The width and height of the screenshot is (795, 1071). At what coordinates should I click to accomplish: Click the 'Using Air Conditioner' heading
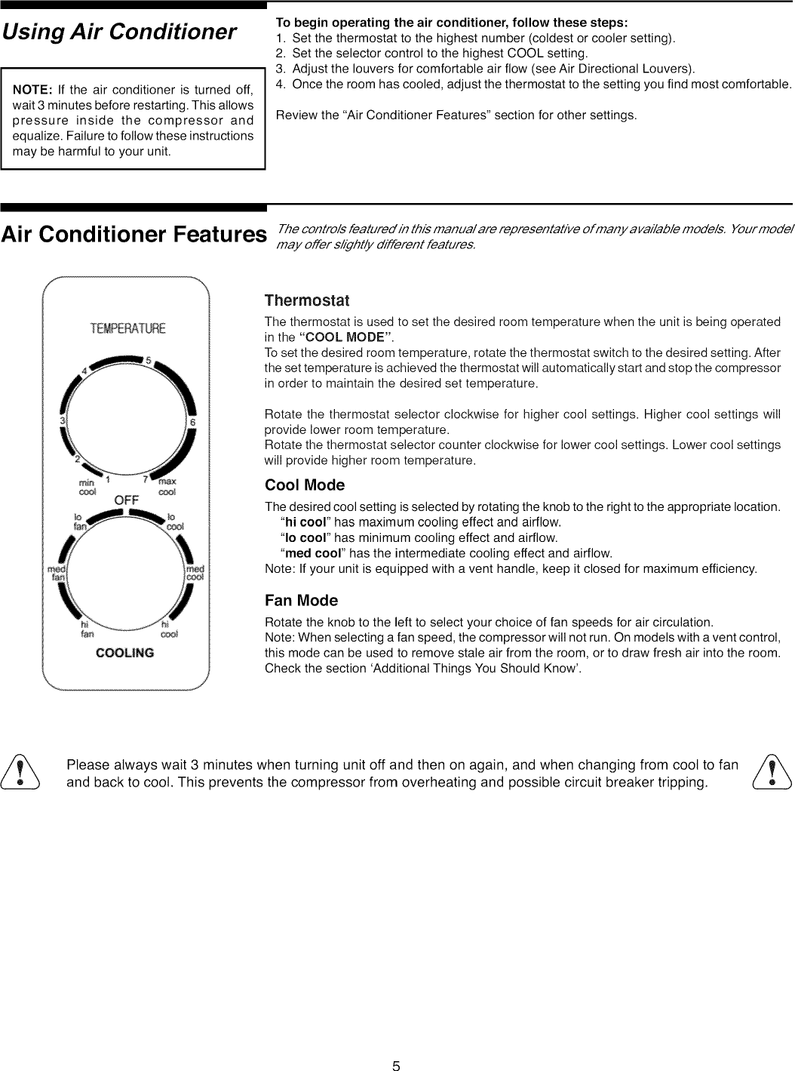point(119,32)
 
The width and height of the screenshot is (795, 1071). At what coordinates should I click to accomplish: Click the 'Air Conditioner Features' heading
point(134,235)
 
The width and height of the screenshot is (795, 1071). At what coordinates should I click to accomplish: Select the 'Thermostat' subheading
point(307,301)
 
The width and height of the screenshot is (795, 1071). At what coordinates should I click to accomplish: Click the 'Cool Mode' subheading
point(305,485)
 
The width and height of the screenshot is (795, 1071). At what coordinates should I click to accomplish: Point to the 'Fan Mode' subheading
point(301,601)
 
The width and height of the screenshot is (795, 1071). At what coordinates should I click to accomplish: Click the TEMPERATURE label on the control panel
point(127,328)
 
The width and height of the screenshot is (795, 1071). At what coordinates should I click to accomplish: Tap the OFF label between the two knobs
point(126,500)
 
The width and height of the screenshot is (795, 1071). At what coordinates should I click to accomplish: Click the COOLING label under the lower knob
point(125,653)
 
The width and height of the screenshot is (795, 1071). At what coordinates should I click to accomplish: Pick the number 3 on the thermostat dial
point(63,420)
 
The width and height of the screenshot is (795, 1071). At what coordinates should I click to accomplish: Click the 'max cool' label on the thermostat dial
point(167,486)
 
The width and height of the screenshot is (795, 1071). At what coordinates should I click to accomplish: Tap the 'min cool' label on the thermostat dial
point(87,486)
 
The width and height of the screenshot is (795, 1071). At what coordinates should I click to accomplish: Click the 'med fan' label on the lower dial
point(57,573)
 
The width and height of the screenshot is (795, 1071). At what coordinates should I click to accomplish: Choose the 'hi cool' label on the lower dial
point(169,629)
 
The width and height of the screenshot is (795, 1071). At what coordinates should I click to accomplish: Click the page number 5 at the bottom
point(396,1066)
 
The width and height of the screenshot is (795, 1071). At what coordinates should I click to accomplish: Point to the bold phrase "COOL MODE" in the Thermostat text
point(346,337)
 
